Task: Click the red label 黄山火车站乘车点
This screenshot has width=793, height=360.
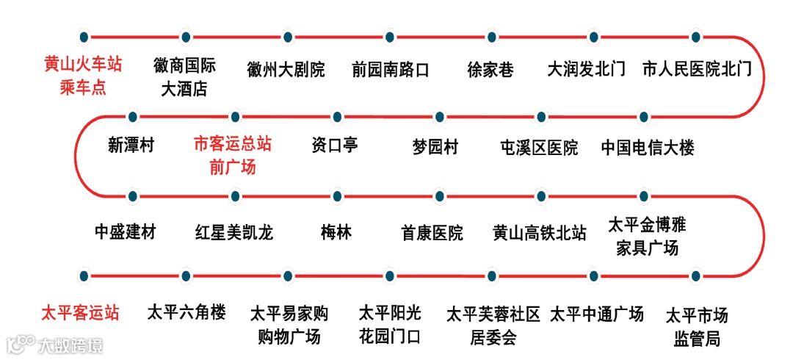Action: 82,76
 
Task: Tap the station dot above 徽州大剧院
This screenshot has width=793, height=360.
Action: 286,36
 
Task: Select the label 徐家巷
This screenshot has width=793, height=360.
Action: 490,70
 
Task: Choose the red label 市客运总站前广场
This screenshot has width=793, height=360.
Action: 232,155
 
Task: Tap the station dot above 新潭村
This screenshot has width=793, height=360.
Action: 132,117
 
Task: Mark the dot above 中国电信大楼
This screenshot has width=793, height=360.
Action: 643,117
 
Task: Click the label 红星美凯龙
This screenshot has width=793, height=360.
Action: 234,233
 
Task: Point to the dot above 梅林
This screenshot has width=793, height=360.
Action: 337,196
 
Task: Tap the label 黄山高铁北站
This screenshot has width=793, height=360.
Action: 540,234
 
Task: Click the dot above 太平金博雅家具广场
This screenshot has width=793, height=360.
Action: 643,196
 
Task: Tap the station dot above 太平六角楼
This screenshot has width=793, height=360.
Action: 186,276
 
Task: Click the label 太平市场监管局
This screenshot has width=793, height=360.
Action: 696,327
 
